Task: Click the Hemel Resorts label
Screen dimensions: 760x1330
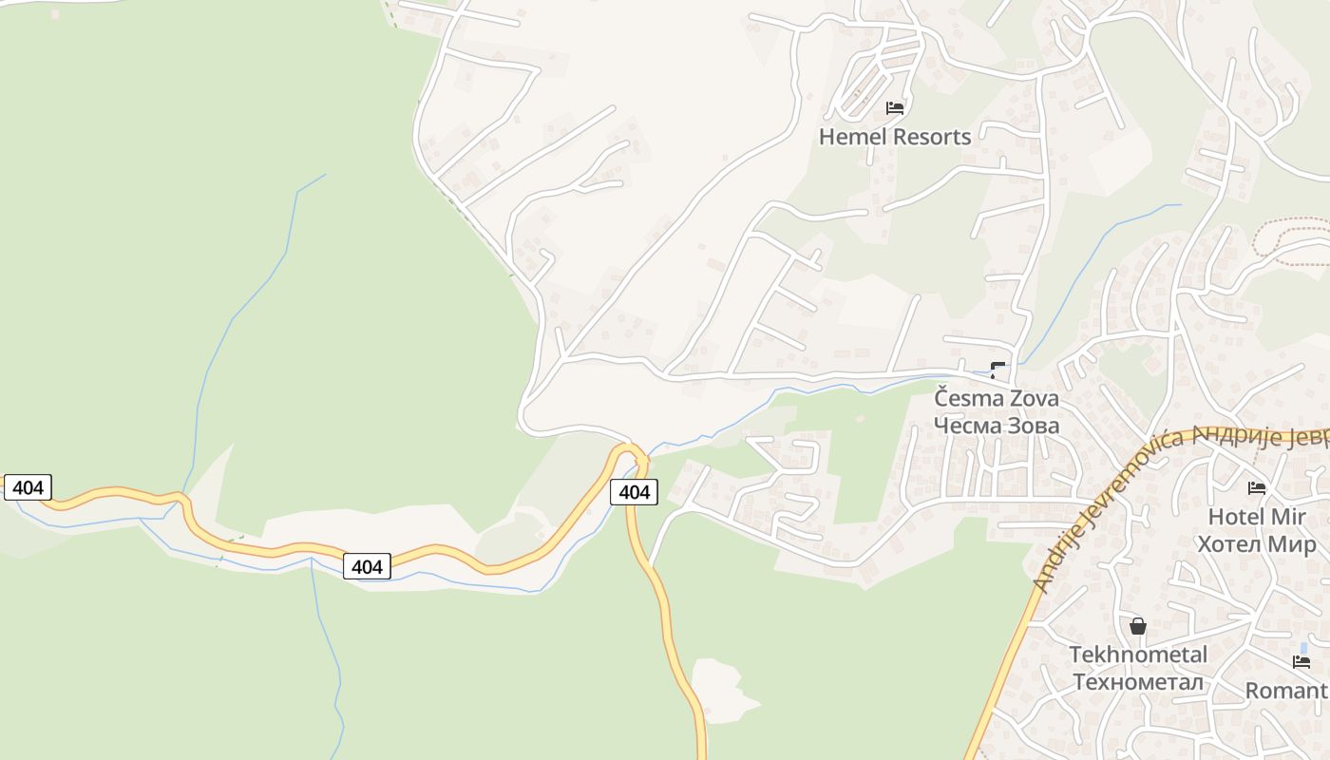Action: click(x=895, y=137)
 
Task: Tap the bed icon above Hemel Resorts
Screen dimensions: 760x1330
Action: click(x=895, y=108)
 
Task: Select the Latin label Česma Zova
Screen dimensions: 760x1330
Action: click(x=997, y=398)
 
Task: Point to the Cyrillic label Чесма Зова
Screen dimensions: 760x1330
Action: click(x=997, y=426)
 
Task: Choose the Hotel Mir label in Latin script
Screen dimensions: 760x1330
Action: click(x=1257, y=517)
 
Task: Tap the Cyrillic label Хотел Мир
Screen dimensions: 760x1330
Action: click(x=1257, y=544)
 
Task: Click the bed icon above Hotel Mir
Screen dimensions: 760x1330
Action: click(x=1257, y=488)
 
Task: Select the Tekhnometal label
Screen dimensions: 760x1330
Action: click(x=1138, y=655)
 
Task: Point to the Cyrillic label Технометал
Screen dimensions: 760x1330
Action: click(x=1138, y=682)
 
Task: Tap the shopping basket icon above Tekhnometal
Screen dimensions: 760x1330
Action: click(x=1138, y=627)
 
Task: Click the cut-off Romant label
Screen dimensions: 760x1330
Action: click(x=1286, y=691)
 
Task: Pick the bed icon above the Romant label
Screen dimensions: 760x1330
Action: click(x=1301, y=662)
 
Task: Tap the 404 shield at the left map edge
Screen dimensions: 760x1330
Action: click(x=28, y=487)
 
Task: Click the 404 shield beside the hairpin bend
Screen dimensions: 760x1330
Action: click(x=634, y=491)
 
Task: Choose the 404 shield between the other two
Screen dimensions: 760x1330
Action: click(x=367, y=566)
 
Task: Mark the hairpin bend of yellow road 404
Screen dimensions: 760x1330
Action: click(x=628, y=449)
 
